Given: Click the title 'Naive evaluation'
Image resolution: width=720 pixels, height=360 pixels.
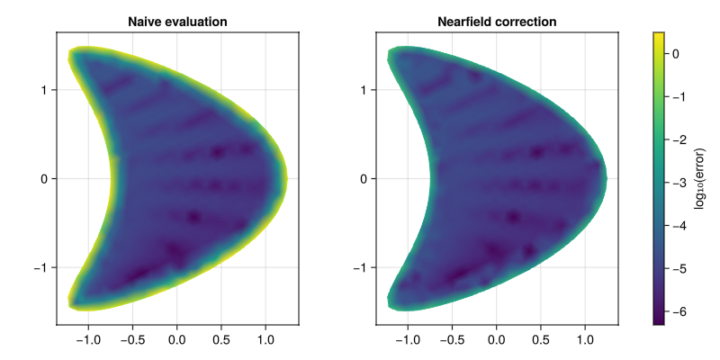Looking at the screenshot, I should coord(177,21).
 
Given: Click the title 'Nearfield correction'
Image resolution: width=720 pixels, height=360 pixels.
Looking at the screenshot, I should coord(497,21).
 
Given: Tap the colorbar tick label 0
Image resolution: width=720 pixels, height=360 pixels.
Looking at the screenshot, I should coord(679,54).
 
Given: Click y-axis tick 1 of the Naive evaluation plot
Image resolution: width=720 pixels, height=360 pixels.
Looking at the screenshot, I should coord(43,90).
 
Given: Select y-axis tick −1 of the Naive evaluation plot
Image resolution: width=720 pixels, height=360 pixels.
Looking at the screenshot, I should coord(40,267).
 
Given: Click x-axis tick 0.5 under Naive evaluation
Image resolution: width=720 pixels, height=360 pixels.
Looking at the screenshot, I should coord(221,341).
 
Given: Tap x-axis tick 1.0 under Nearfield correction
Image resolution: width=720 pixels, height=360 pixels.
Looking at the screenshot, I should coord(585,341).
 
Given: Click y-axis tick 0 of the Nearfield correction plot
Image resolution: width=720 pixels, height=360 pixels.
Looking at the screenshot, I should coord(363,178).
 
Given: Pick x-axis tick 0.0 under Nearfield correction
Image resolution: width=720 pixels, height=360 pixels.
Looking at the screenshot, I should coord(496,341).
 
